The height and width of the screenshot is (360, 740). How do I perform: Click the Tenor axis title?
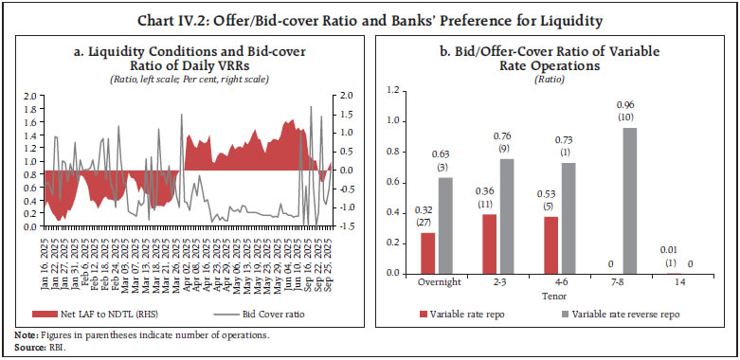point(553,295)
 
